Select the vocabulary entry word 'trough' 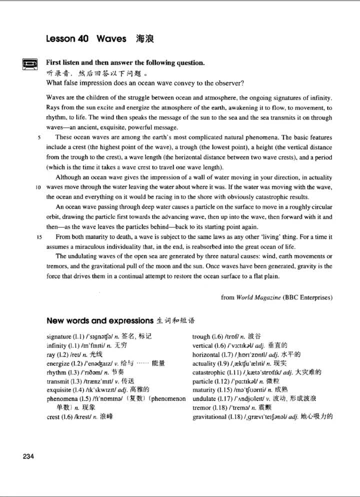[x=201, y=336]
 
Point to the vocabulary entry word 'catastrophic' [x=210, y=372]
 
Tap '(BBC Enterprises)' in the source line [x=307, y=297]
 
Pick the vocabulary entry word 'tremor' [x=201, y=408]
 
